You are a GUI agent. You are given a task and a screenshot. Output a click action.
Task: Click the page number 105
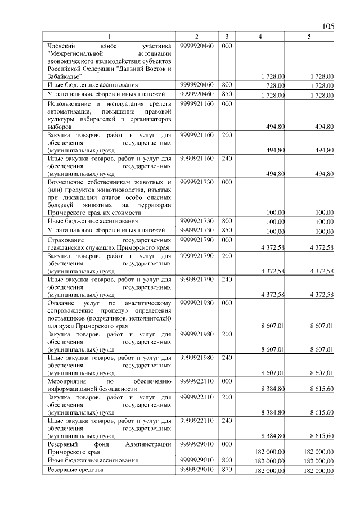coord(328,26)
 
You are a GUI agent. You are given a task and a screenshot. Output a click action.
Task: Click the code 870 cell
coord(226,470)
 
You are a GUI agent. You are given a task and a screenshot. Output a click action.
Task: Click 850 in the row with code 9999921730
coord(226,230)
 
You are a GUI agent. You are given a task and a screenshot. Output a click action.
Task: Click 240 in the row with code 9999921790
coord(226,278)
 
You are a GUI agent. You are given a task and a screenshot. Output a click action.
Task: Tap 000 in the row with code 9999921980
coord(226,303)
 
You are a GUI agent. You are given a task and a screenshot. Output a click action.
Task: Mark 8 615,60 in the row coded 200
coord(322,412)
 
